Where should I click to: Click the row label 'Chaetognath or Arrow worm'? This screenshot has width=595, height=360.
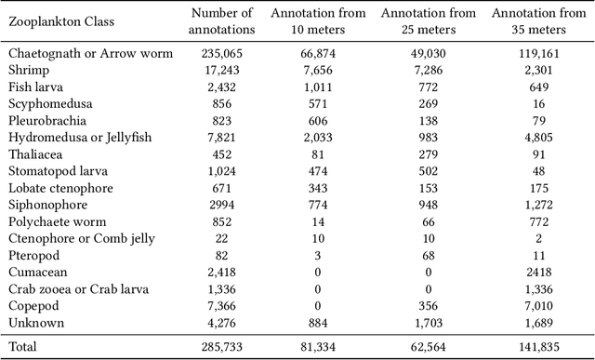pyautogui.click(x=90, y=53)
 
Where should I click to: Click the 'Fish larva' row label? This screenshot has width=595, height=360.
pyautogui.click(x=35, y=87)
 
